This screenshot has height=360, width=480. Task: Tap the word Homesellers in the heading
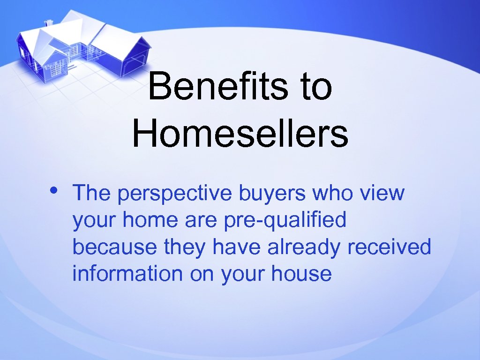click(240, 133)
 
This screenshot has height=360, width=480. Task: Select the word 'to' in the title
click(316, 87)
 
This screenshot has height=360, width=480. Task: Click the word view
click(384, 193)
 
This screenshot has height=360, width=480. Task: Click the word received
click(389, 247)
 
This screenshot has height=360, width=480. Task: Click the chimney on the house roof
click(48, 22)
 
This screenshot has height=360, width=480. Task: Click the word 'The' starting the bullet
click(91, 193)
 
